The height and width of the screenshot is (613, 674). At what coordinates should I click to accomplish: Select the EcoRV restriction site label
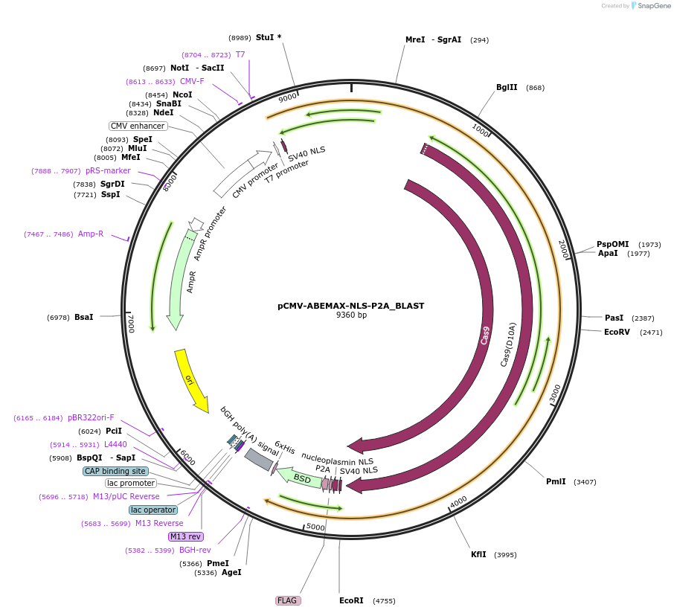[617, 332]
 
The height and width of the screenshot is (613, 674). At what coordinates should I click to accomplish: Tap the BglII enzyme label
[507, 87]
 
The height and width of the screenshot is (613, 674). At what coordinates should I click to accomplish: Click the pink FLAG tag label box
[288, 600]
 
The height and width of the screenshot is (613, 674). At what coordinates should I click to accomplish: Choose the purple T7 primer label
[240, 54]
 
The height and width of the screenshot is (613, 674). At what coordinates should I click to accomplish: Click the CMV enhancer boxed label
[138, 126]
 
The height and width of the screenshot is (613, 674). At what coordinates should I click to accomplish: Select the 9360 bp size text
[351, 315]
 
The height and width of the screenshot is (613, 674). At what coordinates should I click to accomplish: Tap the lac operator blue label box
[153, 510]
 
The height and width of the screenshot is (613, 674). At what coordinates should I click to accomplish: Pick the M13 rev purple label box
[185, 536]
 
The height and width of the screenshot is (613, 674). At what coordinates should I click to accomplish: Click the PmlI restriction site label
[556, 481]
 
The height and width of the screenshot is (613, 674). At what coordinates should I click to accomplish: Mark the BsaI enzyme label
[84, 317]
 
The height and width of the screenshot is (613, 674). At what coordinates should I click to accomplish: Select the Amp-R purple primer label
[91, 234]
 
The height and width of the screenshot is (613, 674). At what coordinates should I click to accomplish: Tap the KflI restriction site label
[478, 554]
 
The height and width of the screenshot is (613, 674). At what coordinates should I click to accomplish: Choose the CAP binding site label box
[115, 471]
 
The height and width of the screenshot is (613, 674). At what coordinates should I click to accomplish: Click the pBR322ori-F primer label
[91, 417]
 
